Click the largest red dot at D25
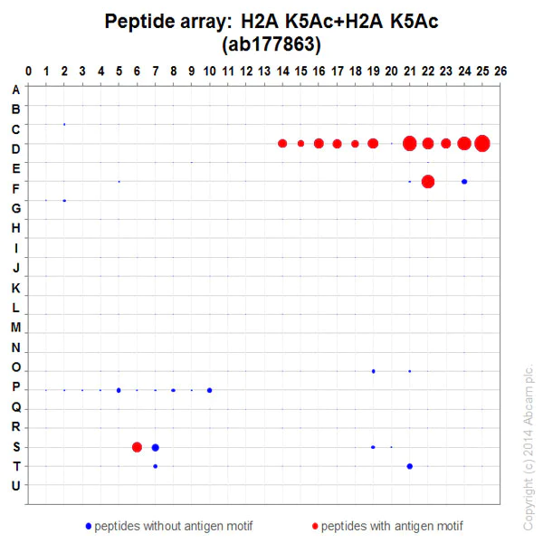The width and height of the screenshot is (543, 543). pos(482,143)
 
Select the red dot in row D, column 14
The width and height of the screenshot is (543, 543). pos(282,143)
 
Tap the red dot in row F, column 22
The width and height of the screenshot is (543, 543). pos(428,182)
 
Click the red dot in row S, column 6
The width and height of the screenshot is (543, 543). pos(137,447)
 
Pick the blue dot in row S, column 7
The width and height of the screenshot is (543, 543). pos(156,447)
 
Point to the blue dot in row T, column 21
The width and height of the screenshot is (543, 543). pos(410,466)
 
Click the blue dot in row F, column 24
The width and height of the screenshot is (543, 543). pos(464,182)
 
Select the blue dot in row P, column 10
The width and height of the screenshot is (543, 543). pos(210,390)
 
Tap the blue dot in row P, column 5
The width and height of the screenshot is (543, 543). pos(119,390)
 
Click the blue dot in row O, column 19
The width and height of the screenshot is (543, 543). pos(373,371)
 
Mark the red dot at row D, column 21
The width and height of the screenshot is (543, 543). pos(410,143)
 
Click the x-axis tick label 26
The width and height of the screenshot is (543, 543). pos(500,71)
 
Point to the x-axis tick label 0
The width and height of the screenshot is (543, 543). pos(28,71)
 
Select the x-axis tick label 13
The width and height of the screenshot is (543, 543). pos(264,71)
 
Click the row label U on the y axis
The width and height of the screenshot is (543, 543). pos(14,486)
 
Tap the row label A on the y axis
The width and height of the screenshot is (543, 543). pos(14,90)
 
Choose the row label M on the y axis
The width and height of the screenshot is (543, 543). pos(14,328)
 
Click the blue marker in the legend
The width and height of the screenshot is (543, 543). pos(88,525)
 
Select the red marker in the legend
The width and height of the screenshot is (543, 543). pos(315,525)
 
